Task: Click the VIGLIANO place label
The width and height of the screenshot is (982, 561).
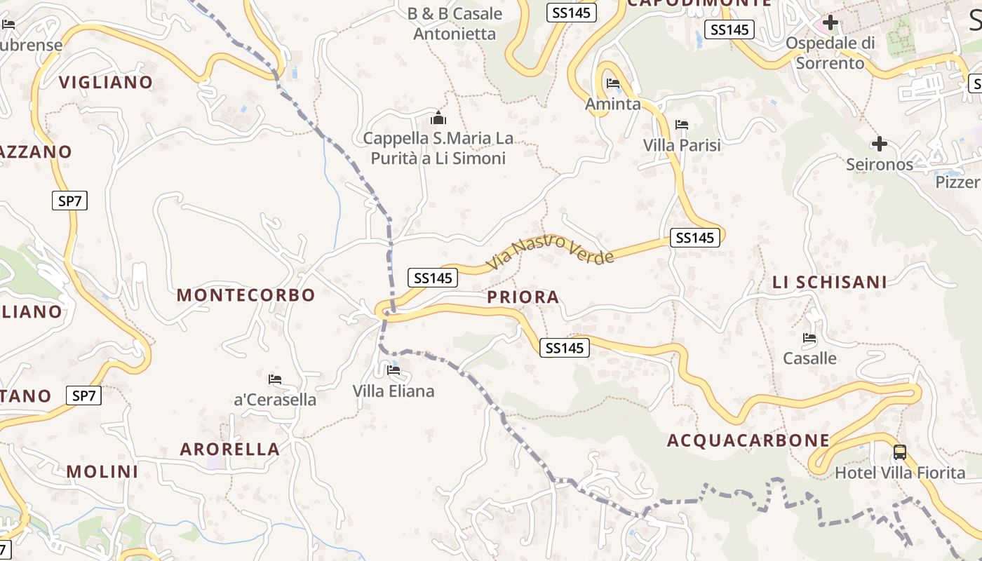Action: pos(106,82)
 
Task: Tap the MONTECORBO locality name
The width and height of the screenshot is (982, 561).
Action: pos(245,295)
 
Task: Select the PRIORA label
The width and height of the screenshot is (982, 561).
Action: pos(523,297)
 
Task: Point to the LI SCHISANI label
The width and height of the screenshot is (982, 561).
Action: pos(830,282)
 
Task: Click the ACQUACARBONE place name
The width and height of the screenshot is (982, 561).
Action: pos(748,440)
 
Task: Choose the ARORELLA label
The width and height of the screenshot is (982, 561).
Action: pos(230,449)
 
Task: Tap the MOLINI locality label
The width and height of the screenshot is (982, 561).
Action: pos(102,471)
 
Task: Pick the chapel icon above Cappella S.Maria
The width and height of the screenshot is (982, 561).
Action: pos(438,117)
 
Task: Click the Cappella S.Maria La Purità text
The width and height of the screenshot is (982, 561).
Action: pos(438,148)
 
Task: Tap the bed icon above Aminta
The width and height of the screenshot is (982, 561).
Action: pos(613,84)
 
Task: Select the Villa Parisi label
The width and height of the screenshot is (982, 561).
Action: pos(682,145)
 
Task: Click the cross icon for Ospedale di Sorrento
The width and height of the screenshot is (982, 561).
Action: pos(830,22)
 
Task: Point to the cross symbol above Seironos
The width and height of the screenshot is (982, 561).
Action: pos(879,144)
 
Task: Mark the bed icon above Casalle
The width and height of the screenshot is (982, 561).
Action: pos(809,338)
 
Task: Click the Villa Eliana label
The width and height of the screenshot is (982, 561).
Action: pos(394,391)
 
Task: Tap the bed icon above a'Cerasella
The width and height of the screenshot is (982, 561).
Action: pos(275,379)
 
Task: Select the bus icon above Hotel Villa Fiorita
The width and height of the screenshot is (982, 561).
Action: pos(900,452)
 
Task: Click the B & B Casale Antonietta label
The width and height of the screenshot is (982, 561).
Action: pos(455,23)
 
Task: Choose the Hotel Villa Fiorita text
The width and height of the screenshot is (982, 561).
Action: pos(900,473)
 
